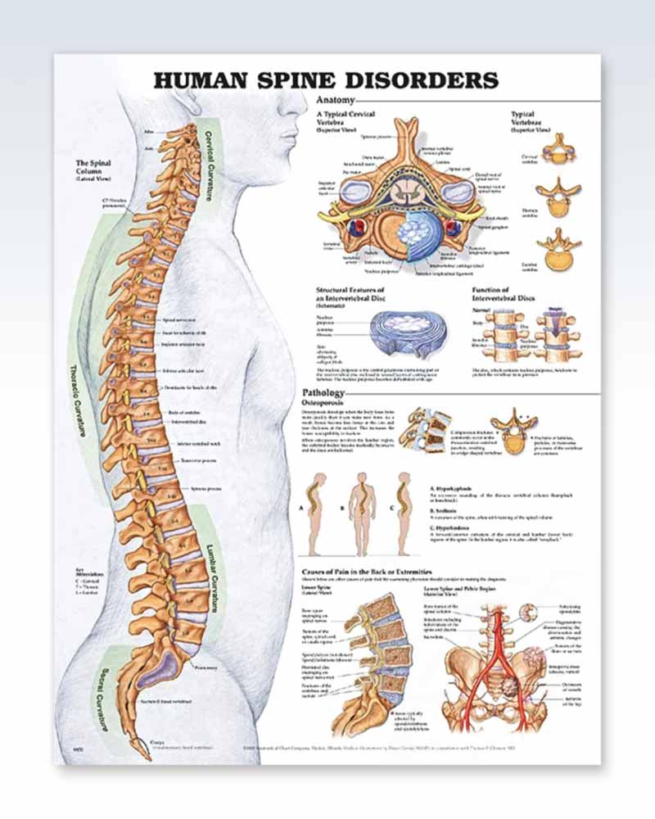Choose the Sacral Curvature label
pyautogui.click(x=104, y=696)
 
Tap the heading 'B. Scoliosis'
pyautogui.click(x=444, y=509)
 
